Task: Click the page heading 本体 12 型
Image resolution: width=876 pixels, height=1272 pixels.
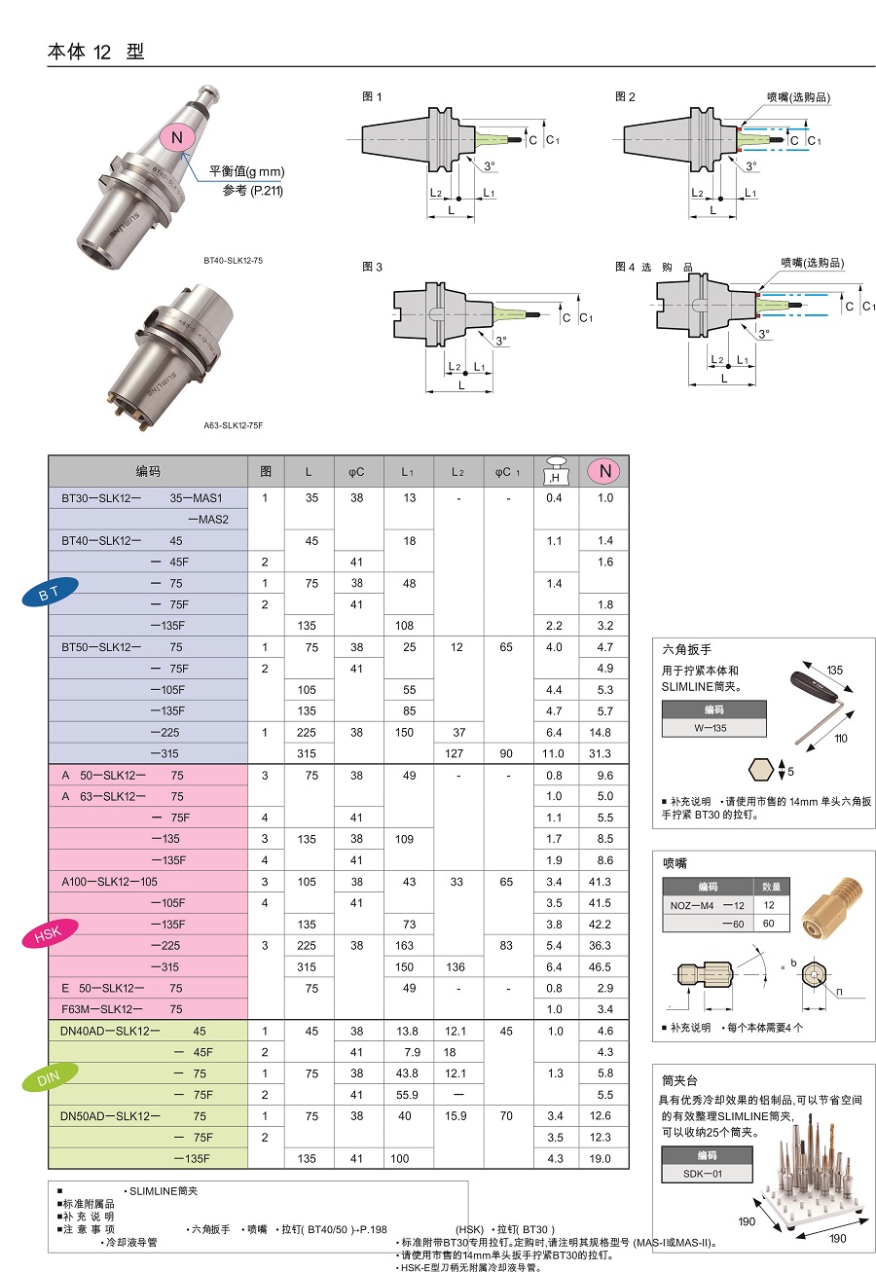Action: tap(95, 53)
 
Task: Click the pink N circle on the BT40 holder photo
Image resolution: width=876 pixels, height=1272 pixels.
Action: tap(177, 138)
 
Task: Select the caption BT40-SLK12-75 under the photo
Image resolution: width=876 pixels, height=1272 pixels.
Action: tap(234, 261)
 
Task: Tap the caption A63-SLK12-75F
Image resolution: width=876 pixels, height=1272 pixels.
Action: tap(234, 425)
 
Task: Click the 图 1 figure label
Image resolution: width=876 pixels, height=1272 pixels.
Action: tap(372, 96)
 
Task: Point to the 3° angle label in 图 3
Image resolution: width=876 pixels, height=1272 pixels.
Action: tap(500, 342)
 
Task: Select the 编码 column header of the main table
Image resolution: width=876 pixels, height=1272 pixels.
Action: tap(148, 472)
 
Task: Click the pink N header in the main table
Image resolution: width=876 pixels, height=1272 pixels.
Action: tap(604, 472)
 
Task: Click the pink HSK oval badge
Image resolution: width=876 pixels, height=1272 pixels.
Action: tap(48, 935)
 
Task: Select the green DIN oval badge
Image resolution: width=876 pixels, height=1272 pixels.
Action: tap(48, 1079)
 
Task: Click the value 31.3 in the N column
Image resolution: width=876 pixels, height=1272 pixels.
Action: tap(603, 753)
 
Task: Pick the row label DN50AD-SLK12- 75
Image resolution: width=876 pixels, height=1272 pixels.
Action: tap(133, 1116)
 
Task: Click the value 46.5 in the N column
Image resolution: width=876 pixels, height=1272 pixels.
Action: tap(603, 967)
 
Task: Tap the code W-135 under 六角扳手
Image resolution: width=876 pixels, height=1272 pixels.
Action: tap(713, 728)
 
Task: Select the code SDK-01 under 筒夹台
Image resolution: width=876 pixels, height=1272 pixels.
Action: tap(707, 1173)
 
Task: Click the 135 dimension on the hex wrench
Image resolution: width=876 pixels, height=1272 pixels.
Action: tap(835, 671)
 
